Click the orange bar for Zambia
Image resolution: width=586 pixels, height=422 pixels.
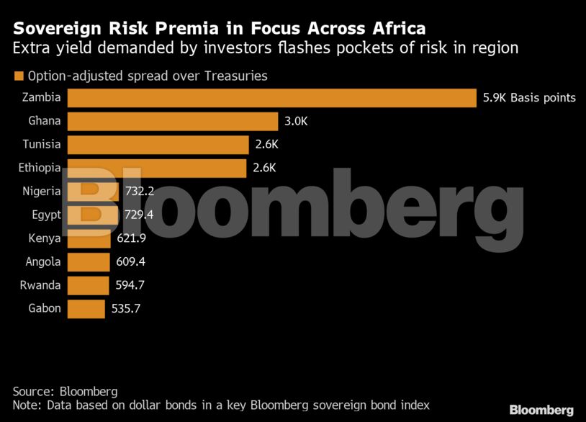272,98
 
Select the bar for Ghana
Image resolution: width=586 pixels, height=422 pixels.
173,121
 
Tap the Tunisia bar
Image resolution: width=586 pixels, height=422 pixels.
158,145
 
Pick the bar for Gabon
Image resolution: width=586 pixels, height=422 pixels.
86,309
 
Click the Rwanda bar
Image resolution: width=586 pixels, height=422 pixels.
89,285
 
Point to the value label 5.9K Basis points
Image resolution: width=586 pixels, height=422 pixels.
529,98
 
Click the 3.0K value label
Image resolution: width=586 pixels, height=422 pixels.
295,121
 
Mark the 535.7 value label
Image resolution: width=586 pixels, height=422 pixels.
125,309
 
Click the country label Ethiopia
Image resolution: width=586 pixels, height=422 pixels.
40,168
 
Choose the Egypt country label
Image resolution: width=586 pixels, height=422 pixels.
46,215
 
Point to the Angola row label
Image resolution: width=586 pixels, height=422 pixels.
43,262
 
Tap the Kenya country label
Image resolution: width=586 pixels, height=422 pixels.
45,238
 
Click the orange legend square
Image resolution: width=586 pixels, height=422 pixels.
19,76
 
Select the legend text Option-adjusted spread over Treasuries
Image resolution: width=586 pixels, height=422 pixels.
148,76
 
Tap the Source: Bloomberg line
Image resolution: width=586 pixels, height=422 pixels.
65,392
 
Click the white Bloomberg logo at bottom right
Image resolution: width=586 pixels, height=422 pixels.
541,410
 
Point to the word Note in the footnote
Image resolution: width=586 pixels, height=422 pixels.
26,405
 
